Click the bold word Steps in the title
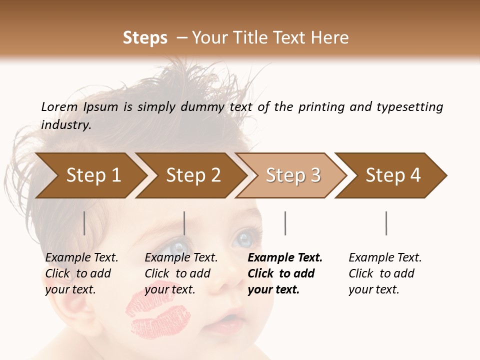[x=145, y=38]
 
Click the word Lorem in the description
[x=59, y=107]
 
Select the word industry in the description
[x=65, y=125]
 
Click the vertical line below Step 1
[x=84, y=223]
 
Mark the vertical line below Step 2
[x=184, y=223]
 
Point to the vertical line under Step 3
[x=285, y=223]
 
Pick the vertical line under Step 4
[x=386, y=223]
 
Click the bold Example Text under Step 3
[x=285, y=258]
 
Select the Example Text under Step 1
[x=81, y=258]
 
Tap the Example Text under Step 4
[x=385, y=258]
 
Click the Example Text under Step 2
[x=181, y=258]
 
